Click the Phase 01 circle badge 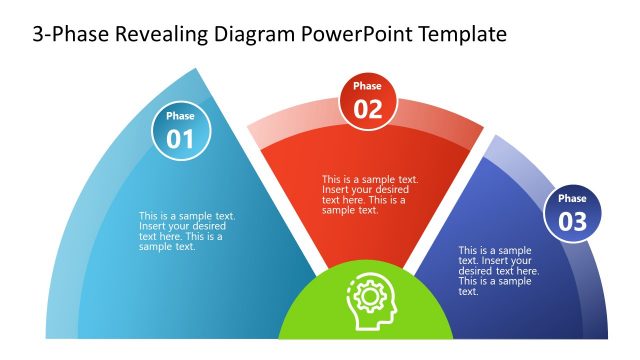(x=181, y=131)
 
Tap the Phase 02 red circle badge (x=368, y=101)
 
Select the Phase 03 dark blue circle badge (x=573, y=213)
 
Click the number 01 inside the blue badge (x=181, y=140)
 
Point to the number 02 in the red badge (x=368, y=110)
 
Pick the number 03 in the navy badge (x=573, y=222)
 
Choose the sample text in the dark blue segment (x=498, y=271)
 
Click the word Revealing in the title (x=159, y=35)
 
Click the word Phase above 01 (x=181, y=117)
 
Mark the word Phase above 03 (x=573, y=199)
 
